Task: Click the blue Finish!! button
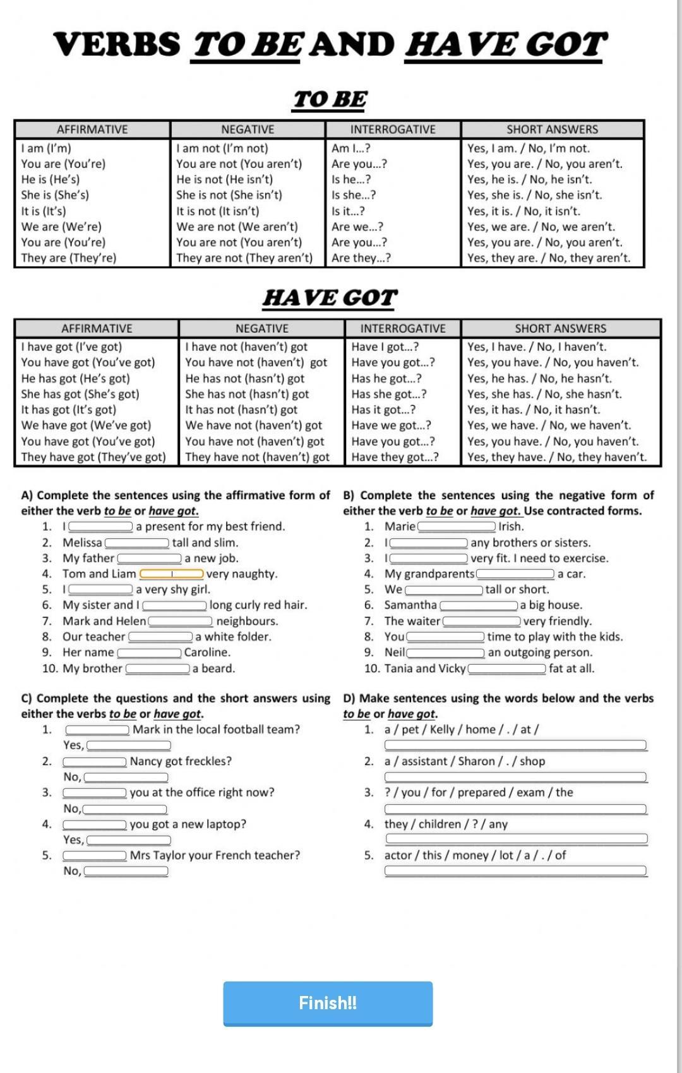pyautogui.click(x=328, y=1003)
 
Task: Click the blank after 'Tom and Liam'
pyautogui.click(x=172, y=574)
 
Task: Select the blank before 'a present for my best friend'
pyautogui.click(x=100, y=526)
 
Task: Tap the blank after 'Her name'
pyautogui.click(x=150, y=653)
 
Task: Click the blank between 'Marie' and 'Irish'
pyautogui.click(x=457, y=526)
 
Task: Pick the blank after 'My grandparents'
pyautogui.click(x=515, y=574)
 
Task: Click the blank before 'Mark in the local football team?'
pyautogui.click(x=98, y=730)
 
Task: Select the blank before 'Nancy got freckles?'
pyautogui.click(x=95, y=761)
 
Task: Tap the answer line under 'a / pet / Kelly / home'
pyautogui.click(x=515, y=745)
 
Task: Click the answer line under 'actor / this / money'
pyautogui.click(x=515, y=871)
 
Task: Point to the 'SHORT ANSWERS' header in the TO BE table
pyautogui.click(x=552, y=129)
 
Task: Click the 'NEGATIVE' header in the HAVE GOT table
pyautogui.click(x=261, y=328)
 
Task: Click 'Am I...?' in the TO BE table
pyautogui.click(x=350, y=148)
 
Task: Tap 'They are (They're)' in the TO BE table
pyautogui.click(x=69, y=258)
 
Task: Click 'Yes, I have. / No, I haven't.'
pyautogui.click(x=537, y=347)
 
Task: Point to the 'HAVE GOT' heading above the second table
pyautogui.click(x=330, y=297)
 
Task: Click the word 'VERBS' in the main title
pyautogui.click(x=117, y=45)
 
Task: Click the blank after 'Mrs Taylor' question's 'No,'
pyautogui.click(x=126, y=872)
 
